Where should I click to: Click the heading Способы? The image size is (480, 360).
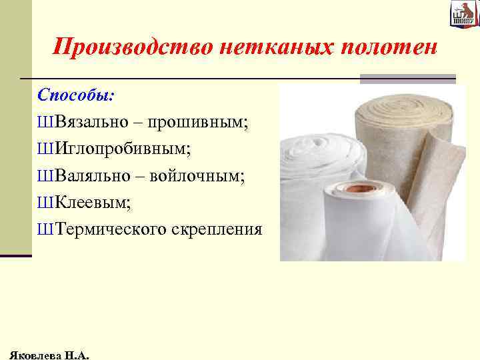75,94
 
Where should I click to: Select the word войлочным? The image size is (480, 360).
197,176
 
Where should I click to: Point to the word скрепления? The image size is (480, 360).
217,230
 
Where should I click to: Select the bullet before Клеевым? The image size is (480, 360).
45,203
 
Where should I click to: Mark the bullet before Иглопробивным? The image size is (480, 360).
45,149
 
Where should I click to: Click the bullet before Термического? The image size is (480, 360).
45,230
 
